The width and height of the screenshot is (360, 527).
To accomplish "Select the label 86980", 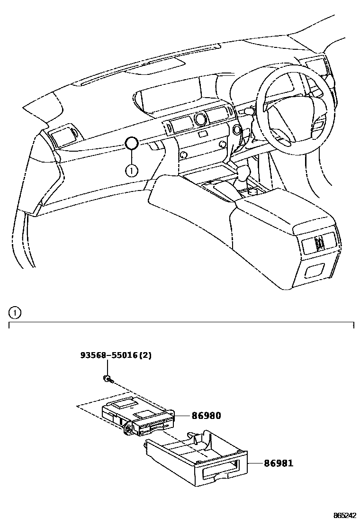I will pos(206,416).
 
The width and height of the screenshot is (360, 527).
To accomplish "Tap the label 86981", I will pos(278,463).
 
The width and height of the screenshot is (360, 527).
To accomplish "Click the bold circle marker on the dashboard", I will pos(132,142).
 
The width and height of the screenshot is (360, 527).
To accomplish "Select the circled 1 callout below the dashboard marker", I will pos(132,169).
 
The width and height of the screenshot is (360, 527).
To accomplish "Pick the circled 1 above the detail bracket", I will pos(15,312).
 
